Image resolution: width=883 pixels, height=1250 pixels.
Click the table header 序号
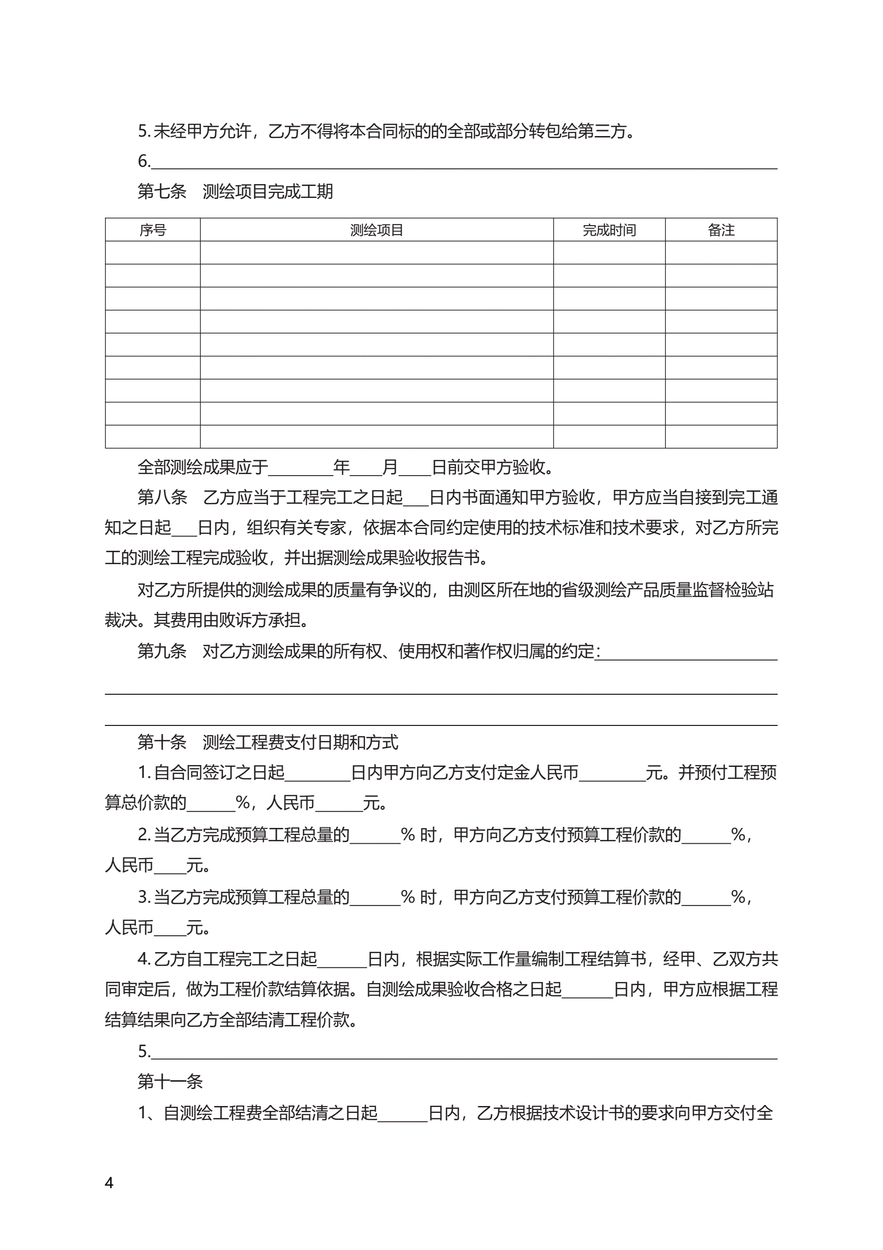(152, 230)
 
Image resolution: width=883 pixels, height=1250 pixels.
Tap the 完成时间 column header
(608, 230)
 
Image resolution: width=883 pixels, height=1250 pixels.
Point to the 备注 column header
(721, 230)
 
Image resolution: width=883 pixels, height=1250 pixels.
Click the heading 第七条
(162, 191)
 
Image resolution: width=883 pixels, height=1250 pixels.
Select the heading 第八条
(162, 496)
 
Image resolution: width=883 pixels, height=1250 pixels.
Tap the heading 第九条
(162, 651)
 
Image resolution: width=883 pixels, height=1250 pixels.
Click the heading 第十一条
(170, 1081)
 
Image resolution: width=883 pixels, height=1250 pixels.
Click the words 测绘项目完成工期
(267, 191)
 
